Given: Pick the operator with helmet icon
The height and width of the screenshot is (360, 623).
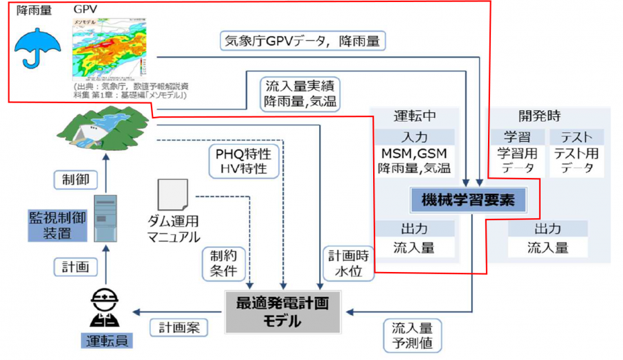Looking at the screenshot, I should point(106,309).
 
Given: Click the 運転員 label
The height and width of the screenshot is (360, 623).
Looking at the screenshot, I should point(107,342).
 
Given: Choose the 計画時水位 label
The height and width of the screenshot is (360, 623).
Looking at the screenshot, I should point(345,263).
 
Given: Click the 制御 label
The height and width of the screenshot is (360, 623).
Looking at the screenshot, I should point(75,180).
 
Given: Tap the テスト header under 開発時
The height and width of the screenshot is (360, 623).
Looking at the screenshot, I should point(575,136).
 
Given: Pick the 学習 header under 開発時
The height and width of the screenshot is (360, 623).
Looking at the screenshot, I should point(518,136).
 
